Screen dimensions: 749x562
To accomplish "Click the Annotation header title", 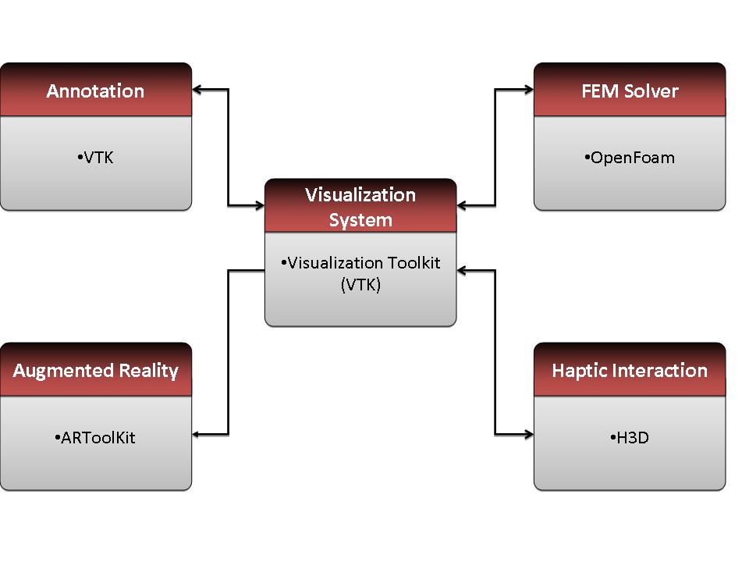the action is coord(95,91).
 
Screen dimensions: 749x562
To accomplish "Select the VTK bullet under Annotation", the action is coord(95,157).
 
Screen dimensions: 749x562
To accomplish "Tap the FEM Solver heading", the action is coord(630,91).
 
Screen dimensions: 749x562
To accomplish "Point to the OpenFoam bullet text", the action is coord(630,157).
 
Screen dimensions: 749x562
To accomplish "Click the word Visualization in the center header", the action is coord(360,195).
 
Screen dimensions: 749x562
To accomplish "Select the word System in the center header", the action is coord(360,220).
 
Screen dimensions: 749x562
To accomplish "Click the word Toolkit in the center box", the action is coord(414,262).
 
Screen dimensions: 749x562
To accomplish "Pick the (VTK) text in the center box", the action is coord(360,285).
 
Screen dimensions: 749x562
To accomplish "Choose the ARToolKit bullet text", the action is coord(95,437).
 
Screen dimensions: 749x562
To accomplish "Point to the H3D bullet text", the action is coord(630,437).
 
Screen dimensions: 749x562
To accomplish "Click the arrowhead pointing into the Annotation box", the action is coord(197,89).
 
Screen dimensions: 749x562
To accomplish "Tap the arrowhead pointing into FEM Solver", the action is coord(529,89).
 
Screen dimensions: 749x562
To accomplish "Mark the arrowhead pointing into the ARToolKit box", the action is coord(197,435).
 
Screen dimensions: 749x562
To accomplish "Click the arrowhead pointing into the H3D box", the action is coord(529,435).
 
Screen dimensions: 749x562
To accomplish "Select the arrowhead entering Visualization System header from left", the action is coord(260,206).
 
